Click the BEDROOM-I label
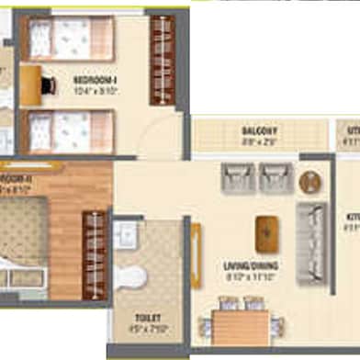coord(97,79)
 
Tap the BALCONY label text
coord(260,131)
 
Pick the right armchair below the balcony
coord(276,177)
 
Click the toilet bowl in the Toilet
coord(132,276)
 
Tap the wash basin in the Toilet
coord(127,231)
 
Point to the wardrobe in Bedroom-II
coord(94,255)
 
